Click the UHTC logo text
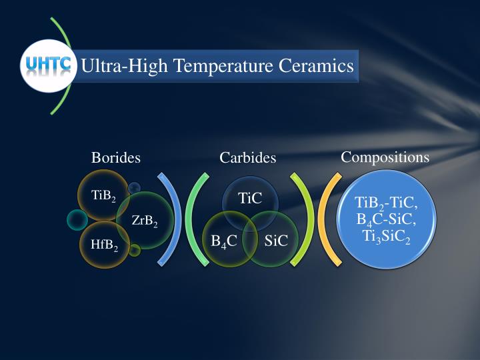tap(48, 65)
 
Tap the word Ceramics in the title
tap(318, 66)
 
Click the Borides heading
tap(116, 158)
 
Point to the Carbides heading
tap(248, 158)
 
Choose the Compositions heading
tap(385, 157)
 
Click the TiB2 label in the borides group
tap(103, 196)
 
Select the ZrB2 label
tap(145, 221)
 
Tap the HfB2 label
tap(105, 245)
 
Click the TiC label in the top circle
tap(250, 198)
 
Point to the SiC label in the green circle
tap(276, 241)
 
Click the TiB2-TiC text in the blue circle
tap(386, 203)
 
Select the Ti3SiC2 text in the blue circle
tap(386, 235)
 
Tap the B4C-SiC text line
tap(386, 219)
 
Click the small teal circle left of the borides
tap(77, 219)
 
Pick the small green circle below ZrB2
tap(135, 251)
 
